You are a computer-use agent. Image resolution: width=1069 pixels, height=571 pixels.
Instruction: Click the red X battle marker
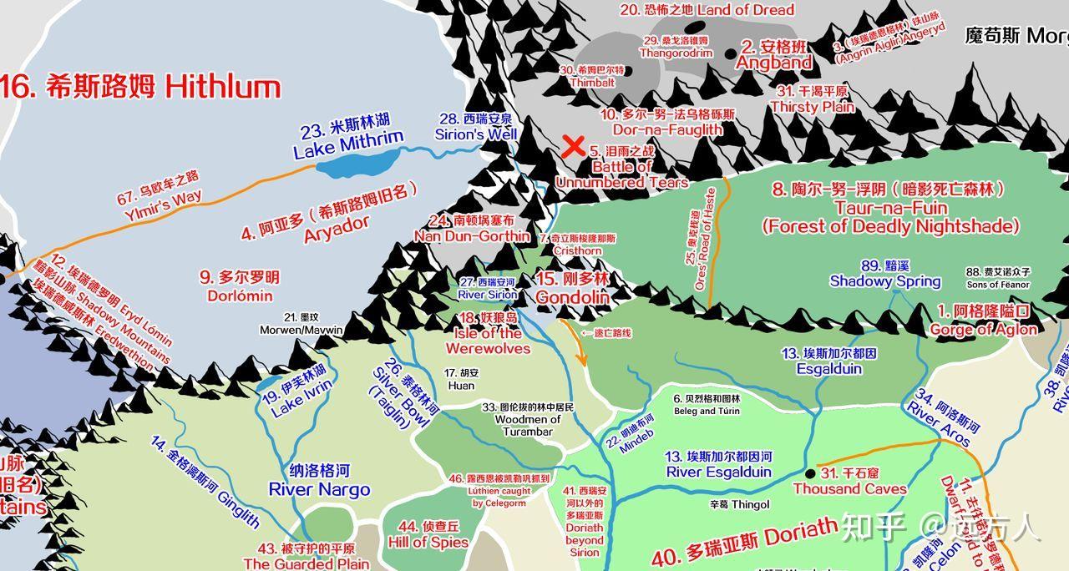(573, 147)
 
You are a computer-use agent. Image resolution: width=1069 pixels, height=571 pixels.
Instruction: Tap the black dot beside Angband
(731, 53)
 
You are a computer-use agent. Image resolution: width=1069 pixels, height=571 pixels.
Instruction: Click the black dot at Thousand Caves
(809, 473)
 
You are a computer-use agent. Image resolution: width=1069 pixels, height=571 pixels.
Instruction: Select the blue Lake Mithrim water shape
(347, 167)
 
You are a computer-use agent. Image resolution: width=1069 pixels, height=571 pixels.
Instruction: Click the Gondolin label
(573, 288)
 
